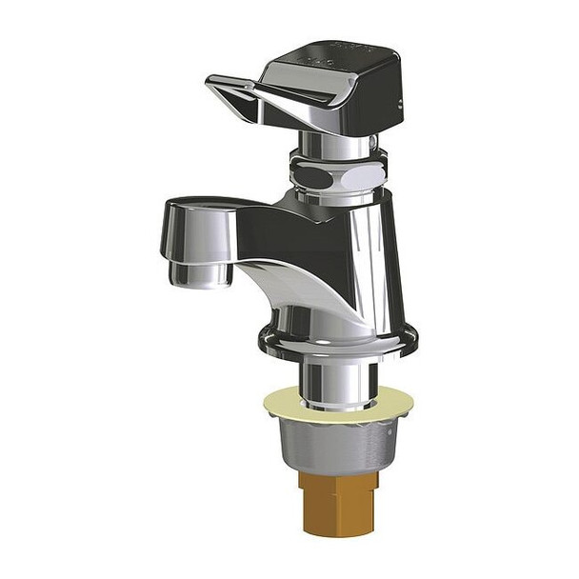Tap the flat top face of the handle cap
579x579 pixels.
click(343, 57)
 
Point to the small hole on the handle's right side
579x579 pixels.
click(393, 104)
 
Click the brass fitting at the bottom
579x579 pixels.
click(337, 505)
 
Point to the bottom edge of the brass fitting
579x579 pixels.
click(337, 531)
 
